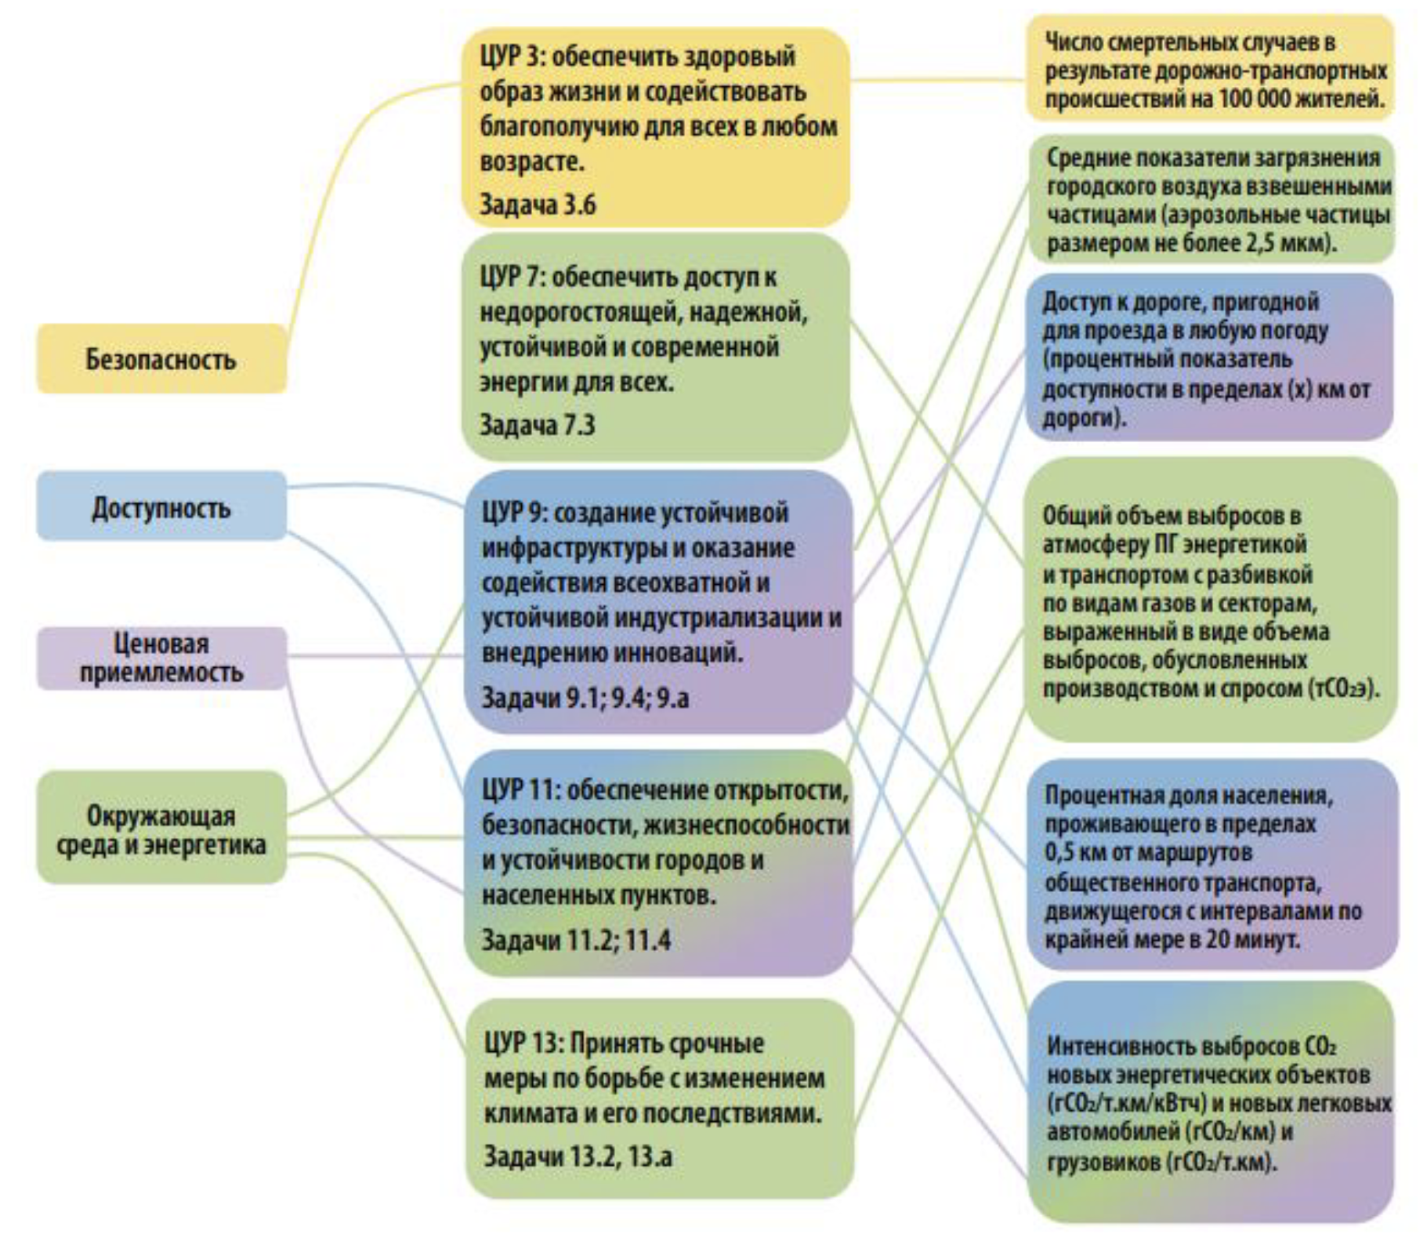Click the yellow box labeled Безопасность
coord(161,359)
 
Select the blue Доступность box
coord(161,507)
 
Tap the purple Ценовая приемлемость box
coord(161,659)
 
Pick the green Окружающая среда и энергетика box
coord(161,829)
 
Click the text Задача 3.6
coord(538,205)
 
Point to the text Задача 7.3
coord(538,425)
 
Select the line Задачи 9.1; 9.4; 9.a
coord(585,697)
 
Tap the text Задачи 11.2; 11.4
coord(576,939)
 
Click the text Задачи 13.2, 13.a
coord(578,1156)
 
